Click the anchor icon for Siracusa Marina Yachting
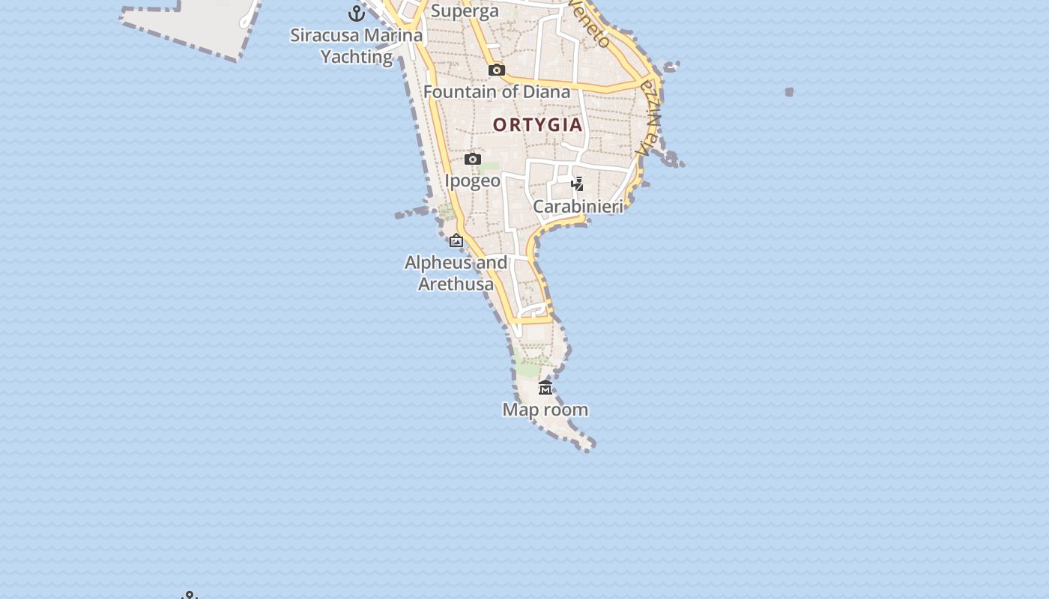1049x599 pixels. pos(357,13)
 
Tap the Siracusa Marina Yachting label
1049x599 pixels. pos(357,46)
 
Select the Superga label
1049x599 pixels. pos(465,11)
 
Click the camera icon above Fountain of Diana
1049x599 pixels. pos(496,70)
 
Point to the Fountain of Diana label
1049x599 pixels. pos(497,92)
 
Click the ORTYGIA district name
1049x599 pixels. pos(538,125)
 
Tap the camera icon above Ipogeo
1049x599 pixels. pos(472,159)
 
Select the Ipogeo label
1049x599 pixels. pos(472,180)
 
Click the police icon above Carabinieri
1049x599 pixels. pos(577,183)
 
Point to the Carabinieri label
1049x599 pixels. pos(578,206)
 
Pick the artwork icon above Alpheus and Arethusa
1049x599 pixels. pos(456,240)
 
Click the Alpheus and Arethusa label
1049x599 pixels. pos(456,273)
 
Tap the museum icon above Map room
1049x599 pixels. pos(545,387)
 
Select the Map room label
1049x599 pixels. pos(545,410)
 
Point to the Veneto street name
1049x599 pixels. pos(590,25)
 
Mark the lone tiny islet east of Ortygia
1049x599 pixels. pos(789,92)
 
